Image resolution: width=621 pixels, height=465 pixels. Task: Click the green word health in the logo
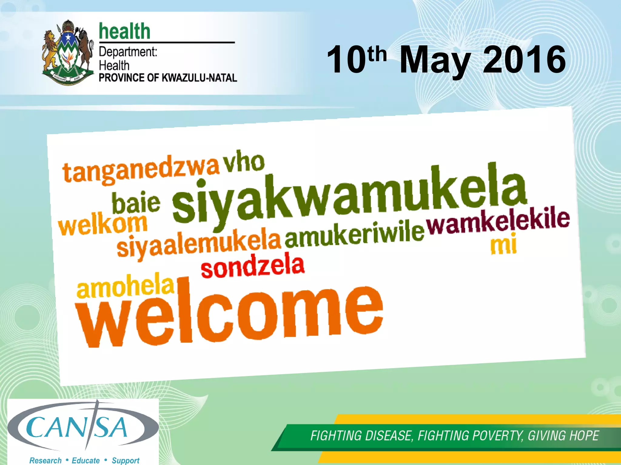point(124,31)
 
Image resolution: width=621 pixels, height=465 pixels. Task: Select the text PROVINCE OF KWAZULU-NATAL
point(168,78)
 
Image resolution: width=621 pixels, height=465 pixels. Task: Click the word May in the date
point(435,60)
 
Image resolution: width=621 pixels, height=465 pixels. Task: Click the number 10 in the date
point(346,60)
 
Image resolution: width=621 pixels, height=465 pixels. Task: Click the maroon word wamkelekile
point(498,222)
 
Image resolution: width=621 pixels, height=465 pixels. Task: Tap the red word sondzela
point(252,266)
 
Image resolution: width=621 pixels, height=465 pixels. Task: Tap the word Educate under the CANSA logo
point(86,460)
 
